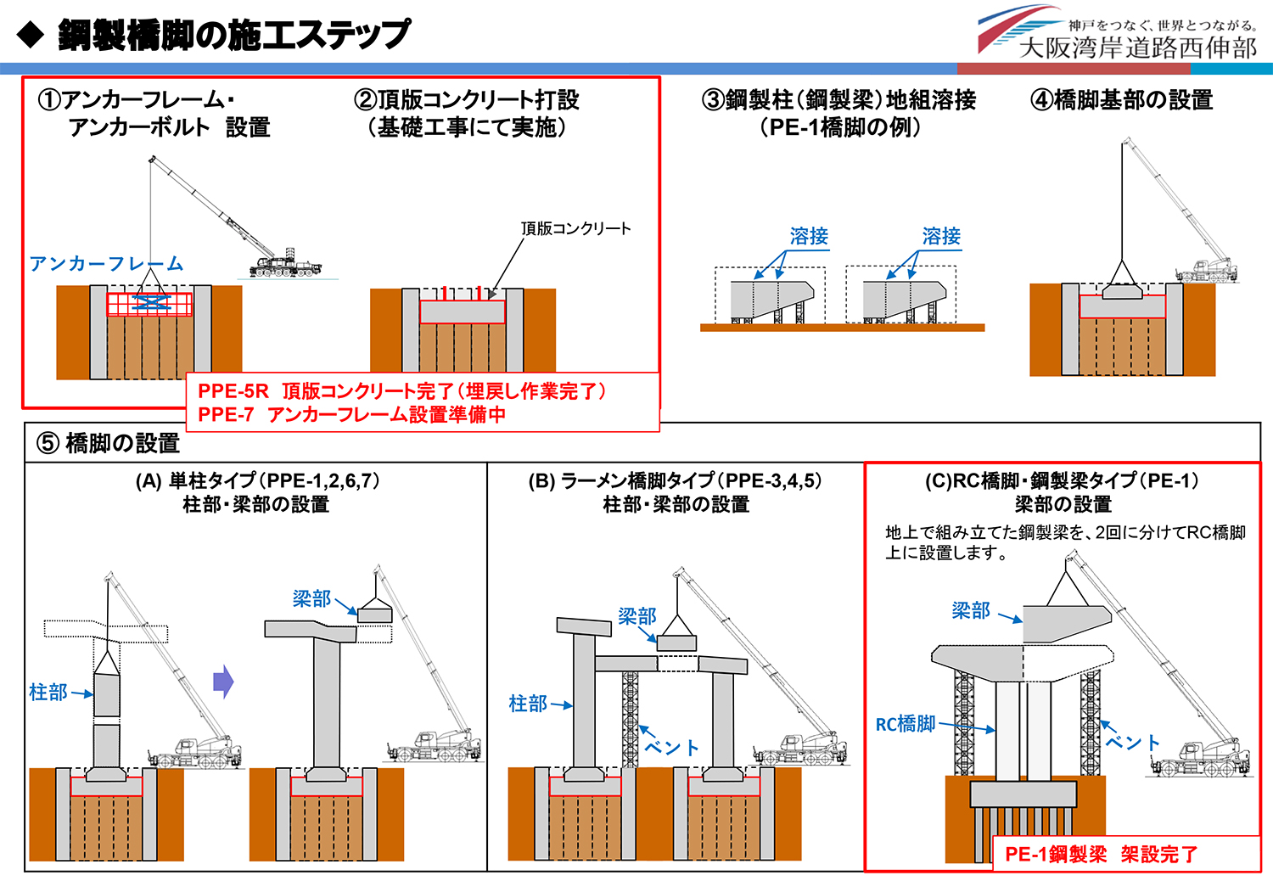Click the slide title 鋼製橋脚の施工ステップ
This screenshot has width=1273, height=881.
click(x=233, y=36)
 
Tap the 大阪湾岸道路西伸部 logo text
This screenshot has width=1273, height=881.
click(x=1137, y=48)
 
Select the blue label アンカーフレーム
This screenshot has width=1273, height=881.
click(x=106, y=264)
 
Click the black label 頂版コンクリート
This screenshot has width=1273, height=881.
click(x=575, y=228)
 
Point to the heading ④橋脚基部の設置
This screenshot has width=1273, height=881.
click(x=1121, y=100)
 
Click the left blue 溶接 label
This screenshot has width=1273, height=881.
click(x=809, y=236)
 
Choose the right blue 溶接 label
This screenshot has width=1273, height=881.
click(x=941, y=236)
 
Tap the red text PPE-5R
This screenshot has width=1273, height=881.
click(x=233, y=391)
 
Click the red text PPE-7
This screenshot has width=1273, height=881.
click(x=226, y=415)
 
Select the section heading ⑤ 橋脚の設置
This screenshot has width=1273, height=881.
click(x=108, y=443)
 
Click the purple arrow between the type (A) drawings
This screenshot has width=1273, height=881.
click(x=223, y=681)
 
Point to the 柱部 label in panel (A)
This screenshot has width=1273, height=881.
click(x=48, y=693)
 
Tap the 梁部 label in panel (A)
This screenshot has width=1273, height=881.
click(x=311, y=599)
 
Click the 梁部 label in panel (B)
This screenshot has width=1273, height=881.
click(x=636, y=617)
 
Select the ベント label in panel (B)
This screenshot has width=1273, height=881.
click(x=671, y=747)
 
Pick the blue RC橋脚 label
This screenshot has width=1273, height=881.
click(x=906, y=724)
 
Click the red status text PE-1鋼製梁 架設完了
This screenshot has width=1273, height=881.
click(x=1101, y=855)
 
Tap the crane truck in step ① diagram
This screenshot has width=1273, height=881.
click(x=284, y=265)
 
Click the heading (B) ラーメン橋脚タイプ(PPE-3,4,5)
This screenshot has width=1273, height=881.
click(x=675, y=481)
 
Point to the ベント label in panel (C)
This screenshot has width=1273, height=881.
click(x=1133, y=743)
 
